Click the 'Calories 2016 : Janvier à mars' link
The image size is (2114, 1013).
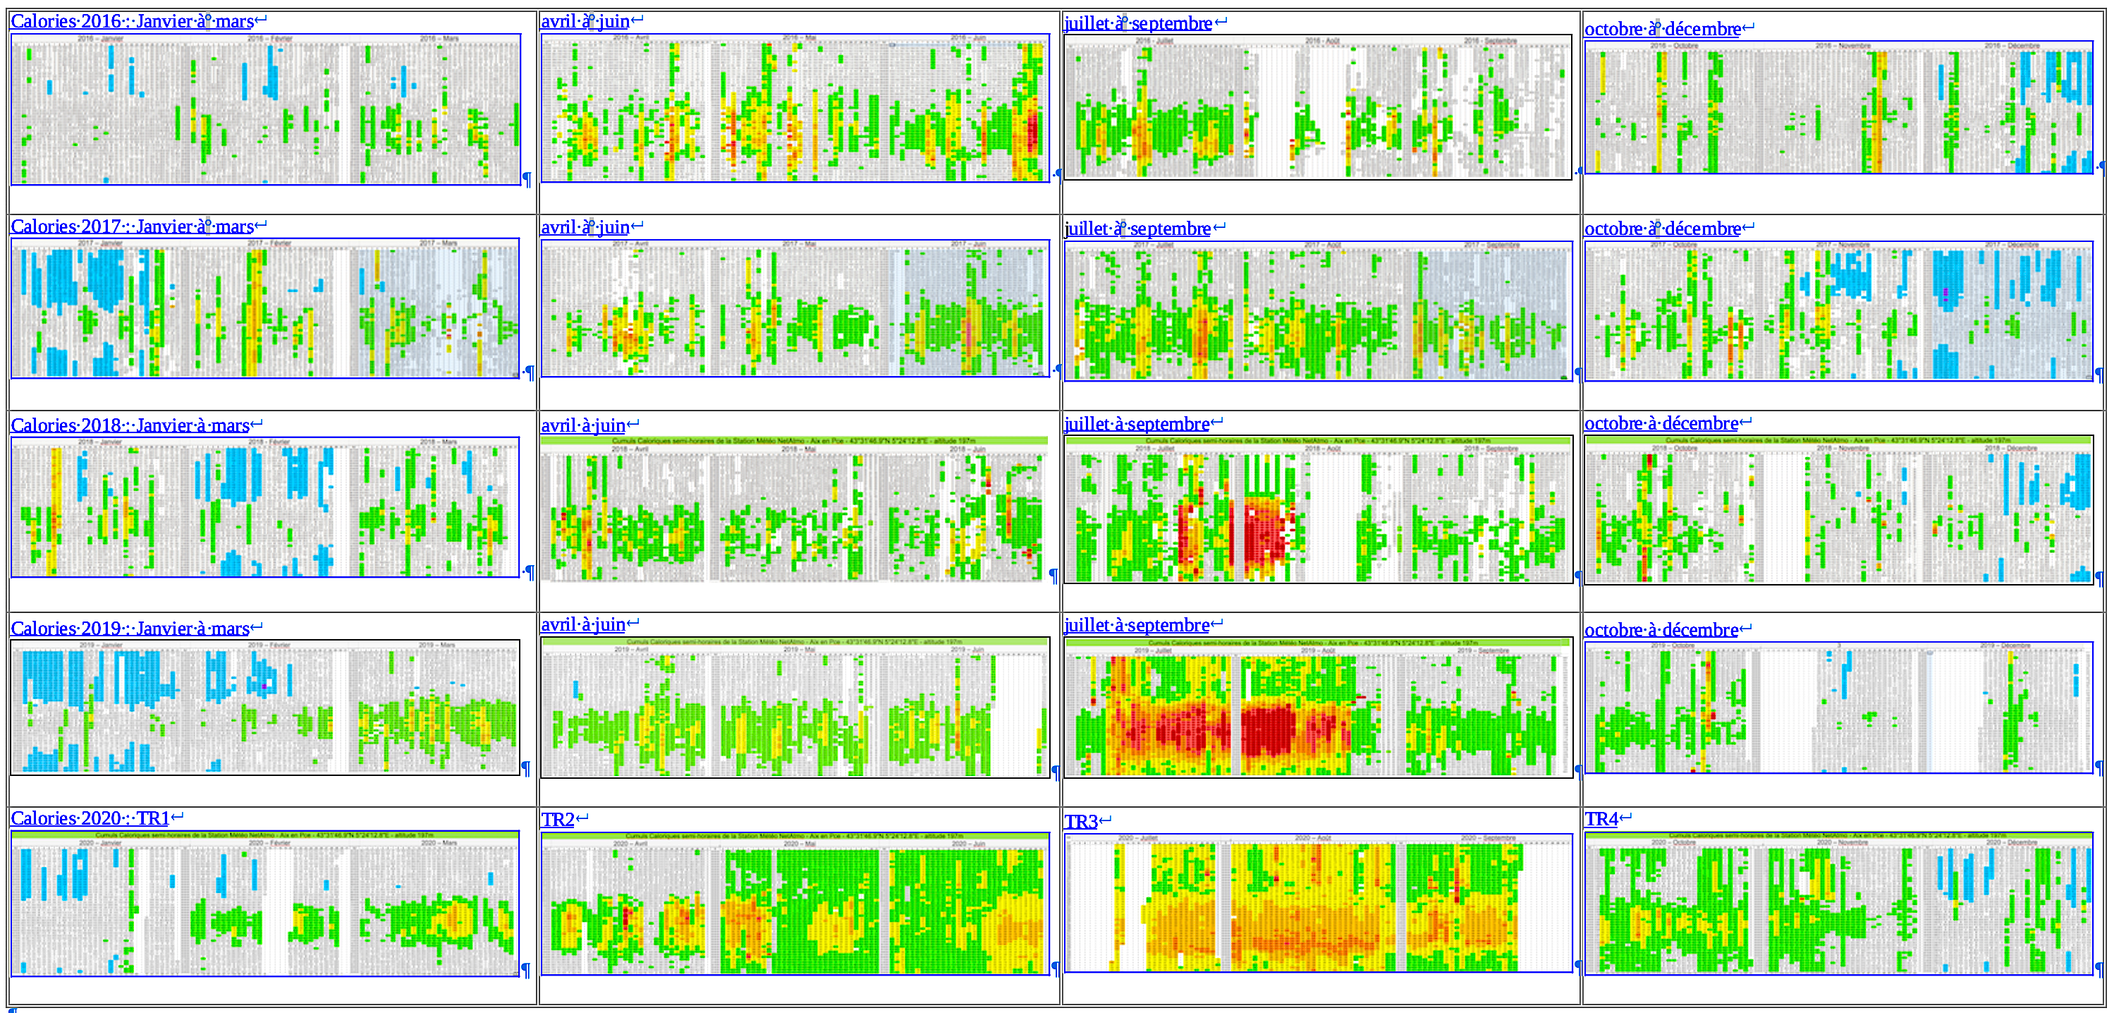(131, 21)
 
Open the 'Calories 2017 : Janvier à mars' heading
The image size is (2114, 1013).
(131, 226)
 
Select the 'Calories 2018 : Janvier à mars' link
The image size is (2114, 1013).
(130, 425)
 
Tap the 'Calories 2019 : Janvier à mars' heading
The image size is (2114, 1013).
(130, 629)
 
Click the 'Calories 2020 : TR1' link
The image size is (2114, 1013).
(90, 818)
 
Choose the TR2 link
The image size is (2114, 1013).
(558, 819)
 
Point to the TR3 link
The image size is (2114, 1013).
(1081, 822)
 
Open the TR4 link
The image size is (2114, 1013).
(1601, 819)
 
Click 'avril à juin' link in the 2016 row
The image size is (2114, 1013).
(585, 22)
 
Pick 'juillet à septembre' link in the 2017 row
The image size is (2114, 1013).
(1137, 229)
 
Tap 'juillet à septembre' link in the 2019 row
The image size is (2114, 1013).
(1137, 626)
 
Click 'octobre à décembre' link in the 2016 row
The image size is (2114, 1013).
(1662, 30)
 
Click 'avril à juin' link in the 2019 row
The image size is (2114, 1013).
(582, 625)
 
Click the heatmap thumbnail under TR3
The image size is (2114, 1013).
(1318, 903)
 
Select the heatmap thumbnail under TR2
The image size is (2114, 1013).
(795, 903)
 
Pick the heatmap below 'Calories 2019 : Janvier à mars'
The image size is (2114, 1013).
(265, 707)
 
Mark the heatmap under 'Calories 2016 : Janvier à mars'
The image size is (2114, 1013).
(265, 109)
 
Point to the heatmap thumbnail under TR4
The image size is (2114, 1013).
(1838, 903)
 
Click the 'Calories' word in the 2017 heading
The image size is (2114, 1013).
(43, 226)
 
